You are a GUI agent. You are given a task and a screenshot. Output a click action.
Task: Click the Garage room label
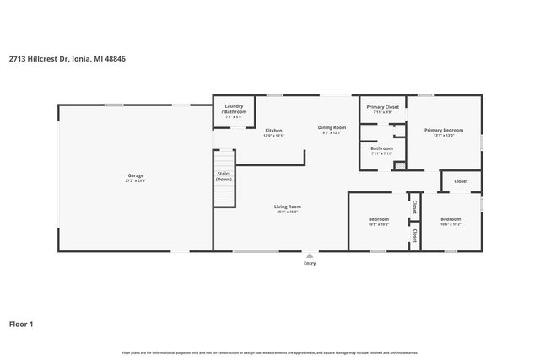(x=134, y=175)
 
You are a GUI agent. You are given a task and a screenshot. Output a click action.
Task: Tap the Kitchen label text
(x=273, y=130)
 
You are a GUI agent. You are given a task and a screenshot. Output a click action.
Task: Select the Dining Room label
(x=332, y=127)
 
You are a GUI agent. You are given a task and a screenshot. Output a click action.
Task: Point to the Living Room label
(x=289, y=206)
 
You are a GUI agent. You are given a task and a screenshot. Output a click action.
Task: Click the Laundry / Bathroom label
(x=234, y=109)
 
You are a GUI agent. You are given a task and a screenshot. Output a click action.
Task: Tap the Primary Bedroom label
(x=443, y=130)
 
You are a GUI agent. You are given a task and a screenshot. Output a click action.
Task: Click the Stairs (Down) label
(x=224, y=177)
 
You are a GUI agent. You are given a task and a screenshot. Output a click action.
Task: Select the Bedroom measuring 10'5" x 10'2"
(x=378, y=220)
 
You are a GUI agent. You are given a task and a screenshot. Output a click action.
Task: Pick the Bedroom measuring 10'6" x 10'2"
(x=451, y=220)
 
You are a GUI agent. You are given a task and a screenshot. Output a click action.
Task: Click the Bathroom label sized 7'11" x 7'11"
(x=381, y=148)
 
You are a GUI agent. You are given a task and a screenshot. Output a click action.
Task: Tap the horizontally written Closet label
(x=461, y=181)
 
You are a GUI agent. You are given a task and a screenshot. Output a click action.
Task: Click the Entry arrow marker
(x=310, y=255)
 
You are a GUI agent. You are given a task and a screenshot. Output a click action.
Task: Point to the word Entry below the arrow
(x=310, y=264)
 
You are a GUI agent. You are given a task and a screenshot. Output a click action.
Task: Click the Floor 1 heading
(x=21, y=323)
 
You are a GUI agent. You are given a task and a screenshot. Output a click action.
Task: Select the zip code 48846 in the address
(x=116, y=59)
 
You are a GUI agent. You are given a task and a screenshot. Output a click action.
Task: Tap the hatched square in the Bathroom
(x=400, y=165)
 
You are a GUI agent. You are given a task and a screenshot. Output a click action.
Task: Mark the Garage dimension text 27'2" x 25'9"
(x=134, y=180)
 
